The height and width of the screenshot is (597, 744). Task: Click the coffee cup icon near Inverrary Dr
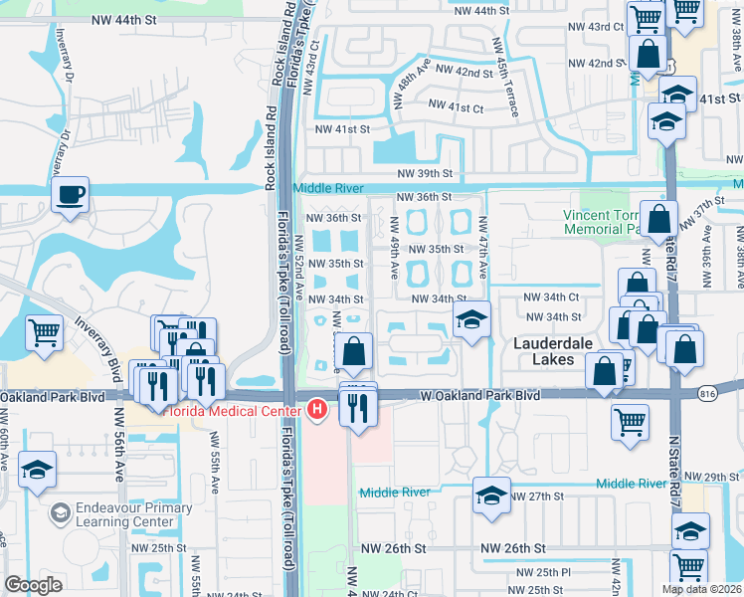71,194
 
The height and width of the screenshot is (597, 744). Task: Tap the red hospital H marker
317,408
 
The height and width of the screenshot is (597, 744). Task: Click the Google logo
33,585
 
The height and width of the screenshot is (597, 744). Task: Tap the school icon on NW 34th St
471,319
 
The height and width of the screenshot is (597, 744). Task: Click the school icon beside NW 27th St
491,495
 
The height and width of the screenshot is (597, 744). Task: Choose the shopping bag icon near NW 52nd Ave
353,350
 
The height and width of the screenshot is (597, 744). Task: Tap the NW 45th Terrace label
504,77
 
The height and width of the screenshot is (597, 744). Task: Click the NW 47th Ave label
482,249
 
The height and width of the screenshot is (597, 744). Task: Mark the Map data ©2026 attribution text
698,588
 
